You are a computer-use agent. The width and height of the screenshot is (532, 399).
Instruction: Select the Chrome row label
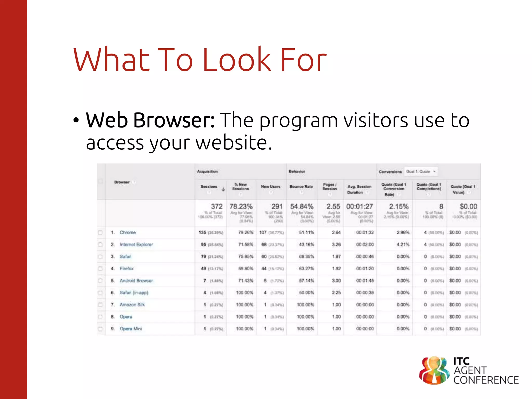(x=128, y=232)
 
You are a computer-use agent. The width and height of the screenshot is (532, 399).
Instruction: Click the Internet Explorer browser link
(x=136, y=244)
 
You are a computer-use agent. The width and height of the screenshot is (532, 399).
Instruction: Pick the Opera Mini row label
(x=131, y=329)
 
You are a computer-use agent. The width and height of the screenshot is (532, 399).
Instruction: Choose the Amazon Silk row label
(x=132, y=304)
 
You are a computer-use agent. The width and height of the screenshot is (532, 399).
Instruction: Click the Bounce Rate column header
(x=301, y=187)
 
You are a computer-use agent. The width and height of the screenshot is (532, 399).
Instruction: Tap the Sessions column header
(x=209, y=187)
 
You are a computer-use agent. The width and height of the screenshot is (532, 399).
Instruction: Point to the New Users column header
(x=271, y=187)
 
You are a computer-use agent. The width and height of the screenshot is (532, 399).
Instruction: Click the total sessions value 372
(x=217, y=207)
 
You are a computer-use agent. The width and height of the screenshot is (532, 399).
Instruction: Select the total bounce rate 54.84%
(x=302, y=207)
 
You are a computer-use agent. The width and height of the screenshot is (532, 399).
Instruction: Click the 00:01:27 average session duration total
(x=360, y=207)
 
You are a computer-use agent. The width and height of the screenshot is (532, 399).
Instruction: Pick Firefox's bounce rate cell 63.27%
(x=307, y=268)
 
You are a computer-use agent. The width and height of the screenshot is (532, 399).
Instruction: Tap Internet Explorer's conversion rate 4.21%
(x=403, y=244)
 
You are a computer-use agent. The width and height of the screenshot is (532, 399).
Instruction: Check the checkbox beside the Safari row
(x=100, y=257)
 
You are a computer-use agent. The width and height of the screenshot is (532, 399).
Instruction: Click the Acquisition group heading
(x=207, y=171)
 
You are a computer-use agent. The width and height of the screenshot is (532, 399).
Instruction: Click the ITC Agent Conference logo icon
(x=434, y=370)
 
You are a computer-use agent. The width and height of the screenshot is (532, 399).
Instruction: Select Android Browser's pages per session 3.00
(x=336, y=281)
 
